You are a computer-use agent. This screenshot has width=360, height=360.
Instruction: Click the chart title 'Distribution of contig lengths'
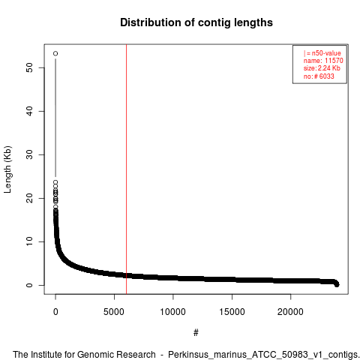tap(196, 22)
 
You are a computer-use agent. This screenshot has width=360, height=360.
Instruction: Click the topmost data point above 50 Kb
tap(55, 53)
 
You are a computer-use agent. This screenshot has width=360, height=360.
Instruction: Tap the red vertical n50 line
tap(127, 169)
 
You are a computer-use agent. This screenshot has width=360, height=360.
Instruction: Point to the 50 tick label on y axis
tap(29, 67)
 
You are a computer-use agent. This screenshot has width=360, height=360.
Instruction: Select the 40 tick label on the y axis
tap(29, 111)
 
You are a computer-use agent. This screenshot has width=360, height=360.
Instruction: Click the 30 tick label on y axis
tap(29, 154)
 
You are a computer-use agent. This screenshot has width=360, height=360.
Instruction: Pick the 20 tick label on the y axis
tap(29, 198)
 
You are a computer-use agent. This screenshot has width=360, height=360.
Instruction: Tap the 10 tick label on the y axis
tap(29, 241)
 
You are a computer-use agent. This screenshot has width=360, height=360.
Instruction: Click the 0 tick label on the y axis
tap(29, 285)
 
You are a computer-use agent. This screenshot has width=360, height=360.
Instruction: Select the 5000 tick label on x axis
tap(114, 312)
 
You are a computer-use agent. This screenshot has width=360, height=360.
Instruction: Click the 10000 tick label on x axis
tap(173, 312)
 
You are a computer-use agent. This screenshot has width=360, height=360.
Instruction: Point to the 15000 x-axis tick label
tap(232, 312)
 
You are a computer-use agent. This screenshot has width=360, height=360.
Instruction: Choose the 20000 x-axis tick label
tap(290, 312)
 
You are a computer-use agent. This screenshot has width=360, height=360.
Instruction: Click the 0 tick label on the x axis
tap(55, 312)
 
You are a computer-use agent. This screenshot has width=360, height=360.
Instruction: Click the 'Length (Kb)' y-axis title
tap(7, 169)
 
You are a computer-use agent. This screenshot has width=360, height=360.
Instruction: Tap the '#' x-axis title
tap(196, 333)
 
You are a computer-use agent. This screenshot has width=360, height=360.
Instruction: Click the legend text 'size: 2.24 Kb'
tap(322, 68)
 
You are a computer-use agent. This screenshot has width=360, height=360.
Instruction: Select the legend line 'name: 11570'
tap(323, 61)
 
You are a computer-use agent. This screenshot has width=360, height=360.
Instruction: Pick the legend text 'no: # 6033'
tap(319, 76)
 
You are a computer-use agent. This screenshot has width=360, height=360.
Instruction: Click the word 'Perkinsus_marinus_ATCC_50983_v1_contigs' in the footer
tap(263, 355)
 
